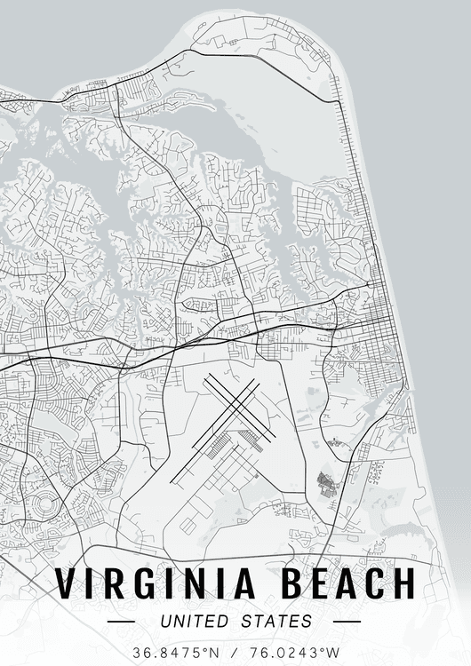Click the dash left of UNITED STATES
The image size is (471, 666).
pyautogui.click(x=119, y=622)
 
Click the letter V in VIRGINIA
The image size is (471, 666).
pyautogui.click(x=67, y=583)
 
